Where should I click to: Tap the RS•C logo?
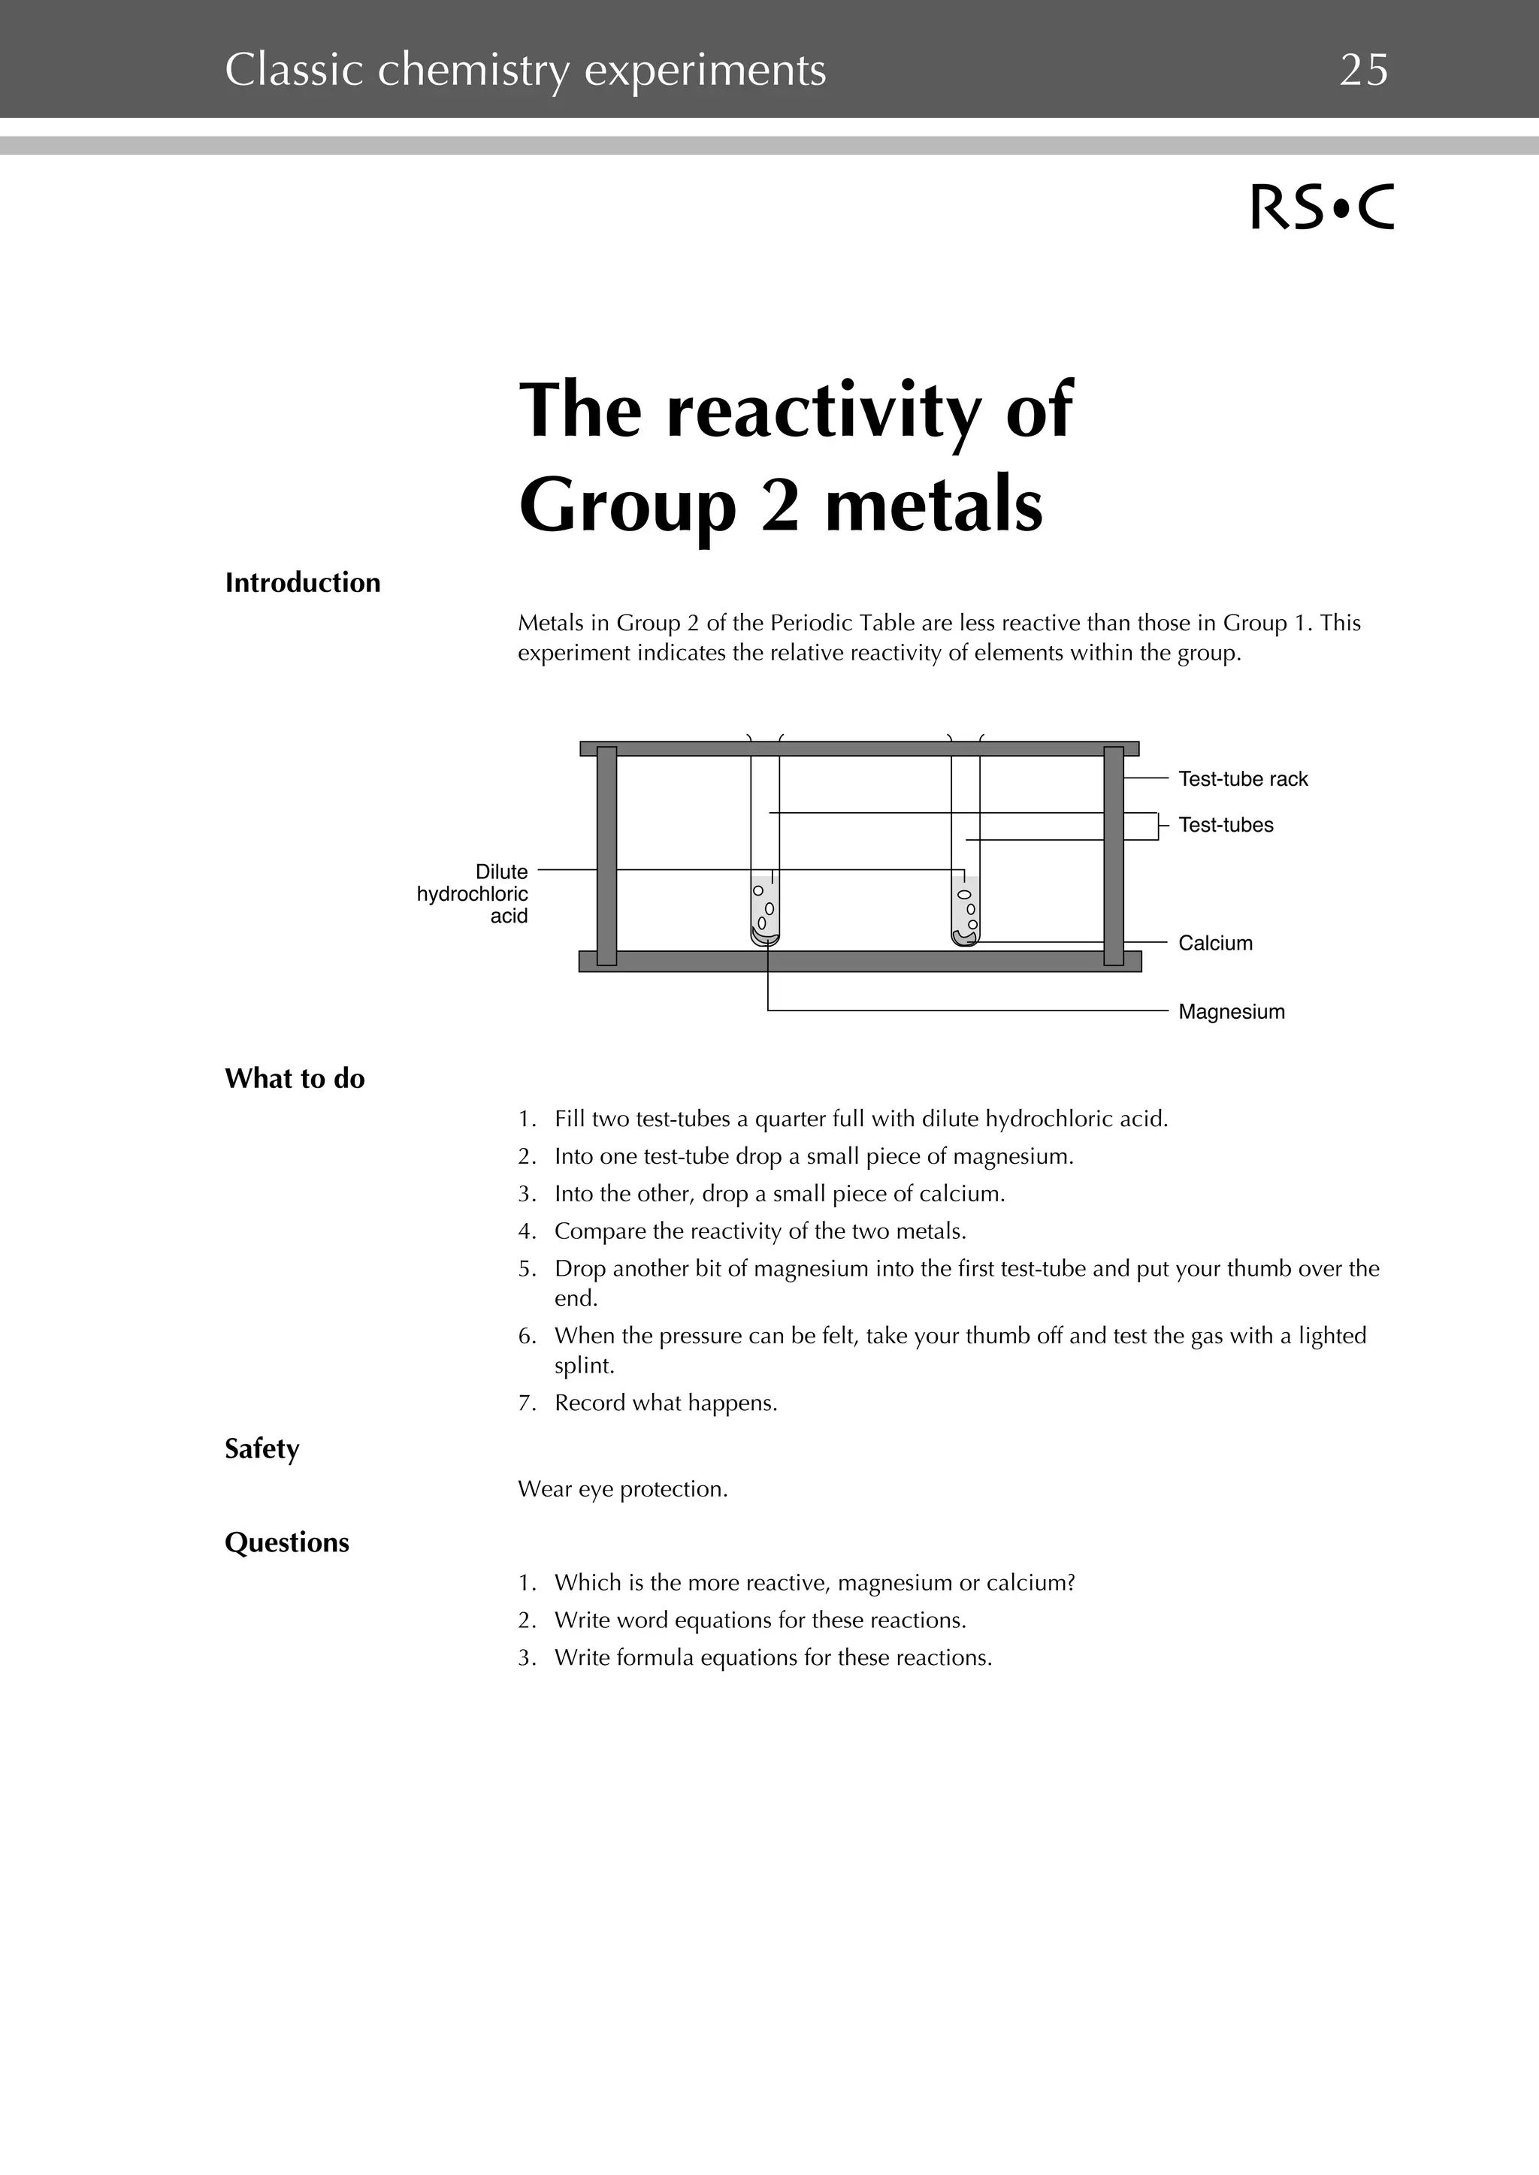tap(1322, 207)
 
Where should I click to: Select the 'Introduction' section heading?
tap(302, 582)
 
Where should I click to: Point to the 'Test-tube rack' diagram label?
tap(1242, 778)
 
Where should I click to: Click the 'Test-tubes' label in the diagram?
tap(1226, 825)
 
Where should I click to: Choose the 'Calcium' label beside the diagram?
tap(1215, 943)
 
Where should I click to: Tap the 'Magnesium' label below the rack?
tap(1231, 1012)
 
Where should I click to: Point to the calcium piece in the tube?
tap(965, 937)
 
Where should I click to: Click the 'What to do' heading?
tap(295, 1079)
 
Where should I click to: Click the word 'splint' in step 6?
tap(583, 1365)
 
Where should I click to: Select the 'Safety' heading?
tap(262, 1448)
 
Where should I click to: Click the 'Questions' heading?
tap(286, 1542)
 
